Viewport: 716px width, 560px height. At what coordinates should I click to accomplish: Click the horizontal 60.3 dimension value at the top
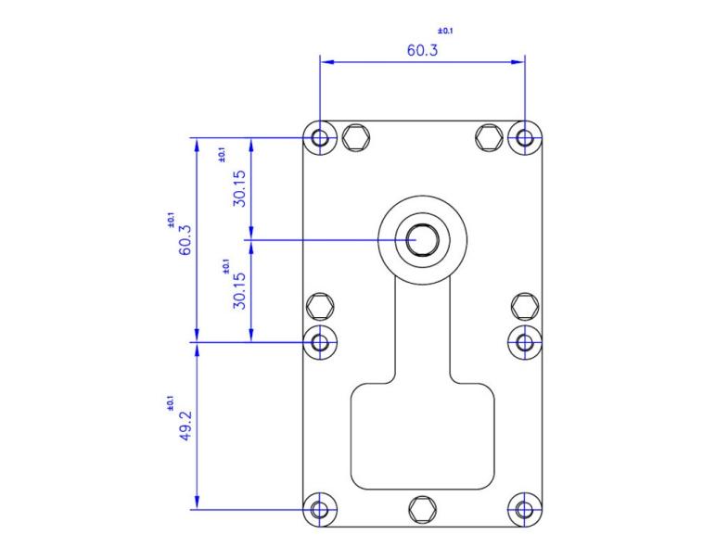click(423, 50)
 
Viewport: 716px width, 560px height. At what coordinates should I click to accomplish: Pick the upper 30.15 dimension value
click(239, 188)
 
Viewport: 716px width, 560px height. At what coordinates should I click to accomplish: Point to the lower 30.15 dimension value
click(239, 290)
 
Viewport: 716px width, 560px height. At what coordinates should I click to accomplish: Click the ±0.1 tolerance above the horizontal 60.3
click(445, 32)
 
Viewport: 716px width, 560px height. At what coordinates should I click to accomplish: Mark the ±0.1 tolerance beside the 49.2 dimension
click(169, 402)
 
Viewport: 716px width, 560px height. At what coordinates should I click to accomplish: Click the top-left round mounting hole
click(320, 138)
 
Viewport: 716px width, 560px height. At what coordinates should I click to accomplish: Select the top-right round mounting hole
click(525, 138)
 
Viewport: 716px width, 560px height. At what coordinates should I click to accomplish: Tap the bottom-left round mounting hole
click(320, 509)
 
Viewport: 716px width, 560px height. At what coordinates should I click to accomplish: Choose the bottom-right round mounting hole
click(525, 509)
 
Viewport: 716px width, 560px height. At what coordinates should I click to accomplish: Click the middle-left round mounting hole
click(320, 342)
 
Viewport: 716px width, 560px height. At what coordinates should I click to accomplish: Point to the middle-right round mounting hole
click(525, 342)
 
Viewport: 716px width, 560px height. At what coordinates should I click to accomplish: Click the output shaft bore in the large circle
click(423, 240)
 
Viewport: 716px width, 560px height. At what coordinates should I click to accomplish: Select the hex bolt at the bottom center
click(423, 508)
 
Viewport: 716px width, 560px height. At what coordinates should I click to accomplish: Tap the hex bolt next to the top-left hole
click(354, 138)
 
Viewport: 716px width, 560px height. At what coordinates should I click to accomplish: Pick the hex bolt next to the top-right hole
click(489, 138)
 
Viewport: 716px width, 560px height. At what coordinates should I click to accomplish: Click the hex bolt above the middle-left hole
click(320, 305)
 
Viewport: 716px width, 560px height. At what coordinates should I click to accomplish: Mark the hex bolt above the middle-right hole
click(525, 305)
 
